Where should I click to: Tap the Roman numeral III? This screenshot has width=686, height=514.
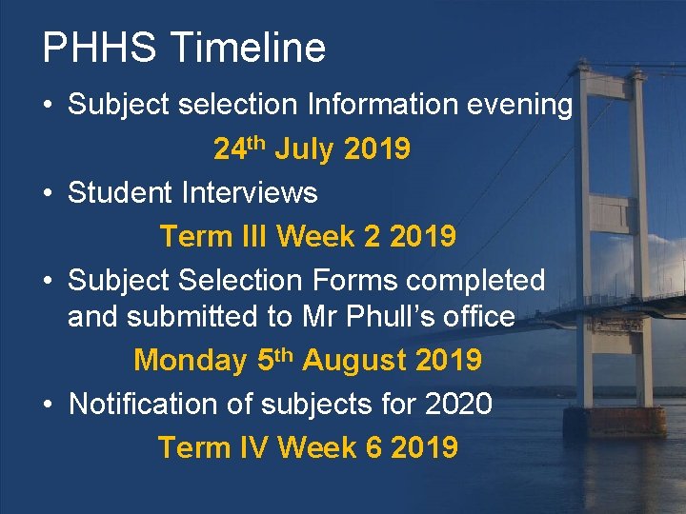click(252, 236)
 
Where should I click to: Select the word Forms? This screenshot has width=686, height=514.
click(350, 281)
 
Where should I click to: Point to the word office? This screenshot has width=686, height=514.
click(474, 317)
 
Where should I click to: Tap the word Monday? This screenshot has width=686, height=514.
click(191, 361)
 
